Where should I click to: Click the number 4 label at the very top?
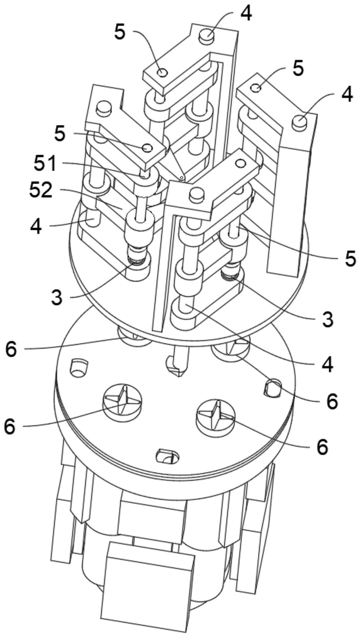tap(246, 13)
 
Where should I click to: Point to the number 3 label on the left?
tap(56, 297)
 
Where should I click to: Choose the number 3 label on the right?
tap(327, 319)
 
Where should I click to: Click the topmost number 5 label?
tap(120, 32)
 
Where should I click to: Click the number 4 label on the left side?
tap(36, 226)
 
